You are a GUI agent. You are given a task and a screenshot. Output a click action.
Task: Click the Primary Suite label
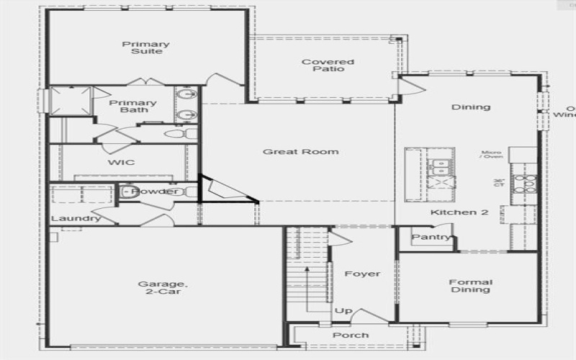tap(145, 48)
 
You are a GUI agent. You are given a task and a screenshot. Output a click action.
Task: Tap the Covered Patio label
tap(328, 66)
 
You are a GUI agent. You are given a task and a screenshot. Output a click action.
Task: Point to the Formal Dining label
tap(471, 286)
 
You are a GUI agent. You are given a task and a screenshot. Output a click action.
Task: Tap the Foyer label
tap(362, 274)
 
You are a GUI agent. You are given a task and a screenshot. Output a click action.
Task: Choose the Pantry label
tap(431, 237)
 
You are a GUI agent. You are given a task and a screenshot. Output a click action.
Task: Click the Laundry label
tap(76, 219)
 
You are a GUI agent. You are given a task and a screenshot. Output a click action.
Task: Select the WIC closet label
tap(121, 163)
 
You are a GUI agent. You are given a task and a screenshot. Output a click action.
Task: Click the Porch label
tap(351, 336)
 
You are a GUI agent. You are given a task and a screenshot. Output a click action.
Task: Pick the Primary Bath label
tap(133, 106)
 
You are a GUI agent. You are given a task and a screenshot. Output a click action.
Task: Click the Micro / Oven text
tap(492, 155)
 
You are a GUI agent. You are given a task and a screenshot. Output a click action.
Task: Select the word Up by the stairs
tap(343, 311)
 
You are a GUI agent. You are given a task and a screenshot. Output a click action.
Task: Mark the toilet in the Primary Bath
tap(176, 133)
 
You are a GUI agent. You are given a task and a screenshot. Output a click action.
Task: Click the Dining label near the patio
tap(471, 107)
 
